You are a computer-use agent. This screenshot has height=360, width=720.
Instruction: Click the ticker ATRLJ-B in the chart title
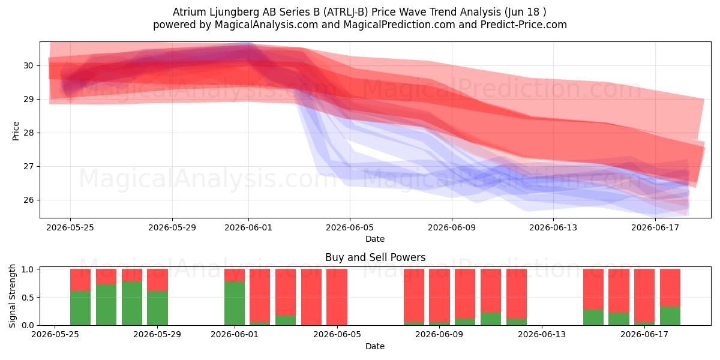(x=345, y=12)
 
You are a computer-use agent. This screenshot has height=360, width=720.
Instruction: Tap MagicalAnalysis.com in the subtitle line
(x=266, y=25)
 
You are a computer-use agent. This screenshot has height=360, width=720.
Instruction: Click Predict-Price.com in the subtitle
(x=524, y=25)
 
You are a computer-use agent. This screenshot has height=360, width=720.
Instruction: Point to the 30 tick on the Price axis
(x=28, y=65)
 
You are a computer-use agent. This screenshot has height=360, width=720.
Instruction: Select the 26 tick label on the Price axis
(x=28, y=200)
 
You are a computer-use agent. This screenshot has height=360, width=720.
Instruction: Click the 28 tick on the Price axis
(x=28, y=133)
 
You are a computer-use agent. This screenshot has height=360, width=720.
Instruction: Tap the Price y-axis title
(x=16, y=131)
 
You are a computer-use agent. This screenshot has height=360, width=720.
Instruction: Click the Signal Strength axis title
(x=12, y=296)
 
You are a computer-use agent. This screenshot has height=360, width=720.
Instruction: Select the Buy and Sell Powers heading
(x=375, y=257)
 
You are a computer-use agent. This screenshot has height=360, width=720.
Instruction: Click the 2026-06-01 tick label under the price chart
(x=248, y=227)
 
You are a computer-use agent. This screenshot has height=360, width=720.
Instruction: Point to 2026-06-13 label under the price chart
(x=553, y=227)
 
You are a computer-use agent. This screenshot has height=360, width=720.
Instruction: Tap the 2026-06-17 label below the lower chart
(x=644, y=334)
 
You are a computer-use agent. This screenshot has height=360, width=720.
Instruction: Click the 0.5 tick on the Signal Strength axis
(x=28, y=298)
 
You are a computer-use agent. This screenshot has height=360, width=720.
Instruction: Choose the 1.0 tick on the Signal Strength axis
(x=28, y=269)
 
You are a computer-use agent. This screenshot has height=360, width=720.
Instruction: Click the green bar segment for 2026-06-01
(x=235, y=303)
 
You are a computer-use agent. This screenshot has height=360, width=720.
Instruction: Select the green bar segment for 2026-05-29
(x=157, y=308)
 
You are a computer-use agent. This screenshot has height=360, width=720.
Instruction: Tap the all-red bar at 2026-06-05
(x=337, y=297)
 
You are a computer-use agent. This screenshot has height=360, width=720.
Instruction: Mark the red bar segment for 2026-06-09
(x=439, y=295)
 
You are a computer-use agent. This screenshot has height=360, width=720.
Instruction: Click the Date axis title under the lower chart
(x=375, y=346)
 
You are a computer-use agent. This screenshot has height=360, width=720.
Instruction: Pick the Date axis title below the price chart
(x=375, y=239)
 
